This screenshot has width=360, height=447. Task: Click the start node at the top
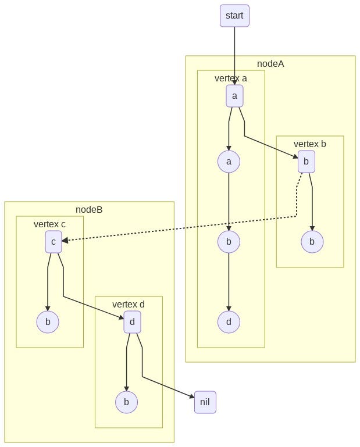pyautogui.click(x=234, y=15)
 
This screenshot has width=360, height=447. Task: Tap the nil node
pyautogui.click(x=205, y=402)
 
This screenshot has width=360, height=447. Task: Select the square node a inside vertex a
pyautogui.click(x=234, y=96)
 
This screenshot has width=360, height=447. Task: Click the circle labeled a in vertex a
pyautogui.click(x=229, y=162)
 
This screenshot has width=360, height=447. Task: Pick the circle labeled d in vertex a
pyautogui.click(x=229, y=322)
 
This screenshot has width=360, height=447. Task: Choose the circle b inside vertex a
pyautogui.click(x=229, y=242)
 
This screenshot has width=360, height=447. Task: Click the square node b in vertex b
pyautogui.click(x=306, y=162)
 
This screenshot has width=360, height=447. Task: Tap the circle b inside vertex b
pyautogui.click(x=312, y=242)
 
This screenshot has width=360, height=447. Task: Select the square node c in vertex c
pyautogui.click(x=54, y=242)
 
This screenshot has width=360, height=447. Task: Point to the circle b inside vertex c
pyautogui.click(x=48, y=322)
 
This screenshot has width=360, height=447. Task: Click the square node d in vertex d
pyautogui.click(x=133, y=322)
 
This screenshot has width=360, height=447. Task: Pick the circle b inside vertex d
pyautogui.click(x=126, y=402)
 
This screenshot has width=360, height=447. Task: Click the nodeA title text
pyautogui.click(x=270, y=63)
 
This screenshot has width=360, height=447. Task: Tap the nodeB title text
pyautogui.click(x=89, y=209)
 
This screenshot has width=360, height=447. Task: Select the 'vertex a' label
pyautogui.click(x=231, y=78)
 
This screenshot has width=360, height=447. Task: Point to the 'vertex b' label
pyautogui.click(x=309, y=144)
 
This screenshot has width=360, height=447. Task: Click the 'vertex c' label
pyautogui.click(x=49, y=224)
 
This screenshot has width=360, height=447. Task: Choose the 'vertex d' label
pyautogui.click(x=129, y=304)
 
